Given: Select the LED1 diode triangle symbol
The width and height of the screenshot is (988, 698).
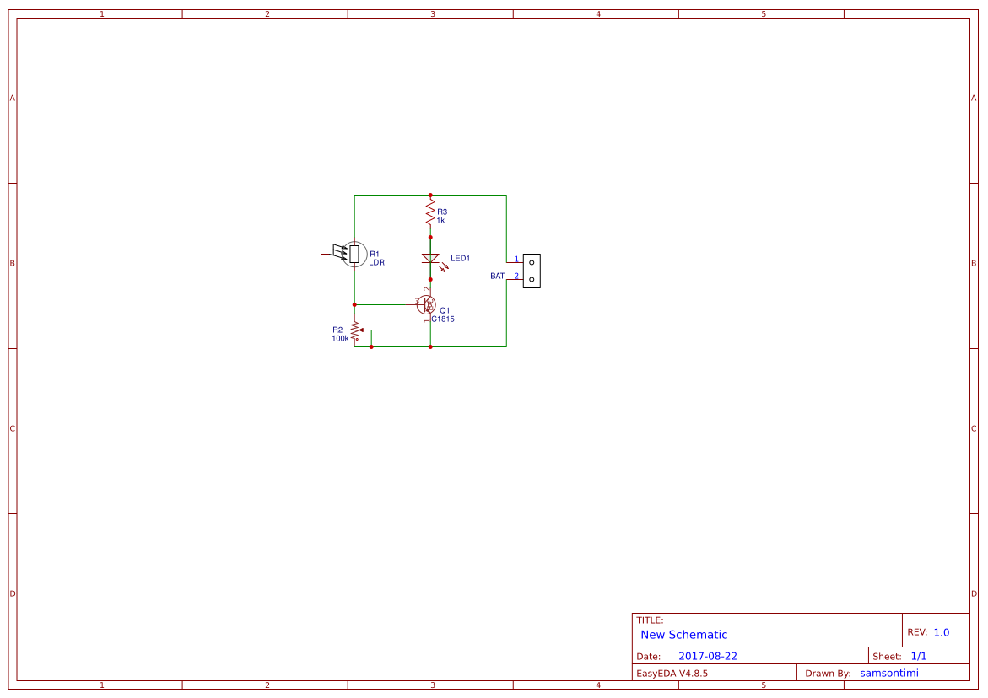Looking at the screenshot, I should tap(430, 258).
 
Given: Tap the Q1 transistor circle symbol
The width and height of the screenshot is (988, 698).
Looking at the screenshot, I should tap(427, 304).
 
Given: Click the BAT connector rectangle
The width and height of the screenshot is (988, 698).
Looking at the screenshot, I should tap(532, 271).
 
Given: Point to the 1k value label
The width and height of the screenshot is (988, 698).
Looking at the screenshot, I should tap(440, 221).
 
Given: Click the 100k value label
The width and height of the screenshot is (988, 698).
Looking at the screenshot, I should tap(340, 338).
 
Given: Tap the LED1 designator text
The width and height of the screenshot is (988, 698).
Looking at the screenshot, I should tap(460, 258).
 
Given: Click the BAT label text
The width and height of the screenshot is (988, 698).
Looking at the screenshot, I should tap(497, 276).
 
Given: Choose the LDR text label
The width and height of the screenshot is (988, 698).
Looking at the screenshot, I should tap(376, 262).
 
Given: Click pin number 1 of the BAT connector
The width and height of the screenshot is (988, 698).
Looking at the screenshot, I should tap(516, 259).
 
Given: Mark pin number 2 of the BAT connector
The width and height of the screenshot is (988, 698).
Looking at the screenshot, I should tap(516, 276).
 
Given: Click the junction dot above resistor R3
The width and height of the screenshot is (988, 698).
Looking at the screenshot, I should tap(430, 195).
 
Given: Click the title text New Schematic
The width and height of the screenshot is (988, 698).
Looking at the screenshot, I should tap(683, 635).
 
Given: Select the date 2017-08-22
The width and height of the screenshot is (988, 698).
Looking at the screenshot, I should tap(707, 656).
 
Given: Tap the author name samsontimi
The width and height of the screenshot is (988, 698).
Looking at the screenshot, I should tap(888, 673).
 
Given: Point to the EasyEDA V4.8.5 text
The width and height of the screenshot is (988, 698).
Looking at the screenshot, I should tap(672, 674).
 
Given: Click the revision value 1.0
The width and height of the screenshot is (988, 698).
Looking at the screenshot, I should tap(941, 632).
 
